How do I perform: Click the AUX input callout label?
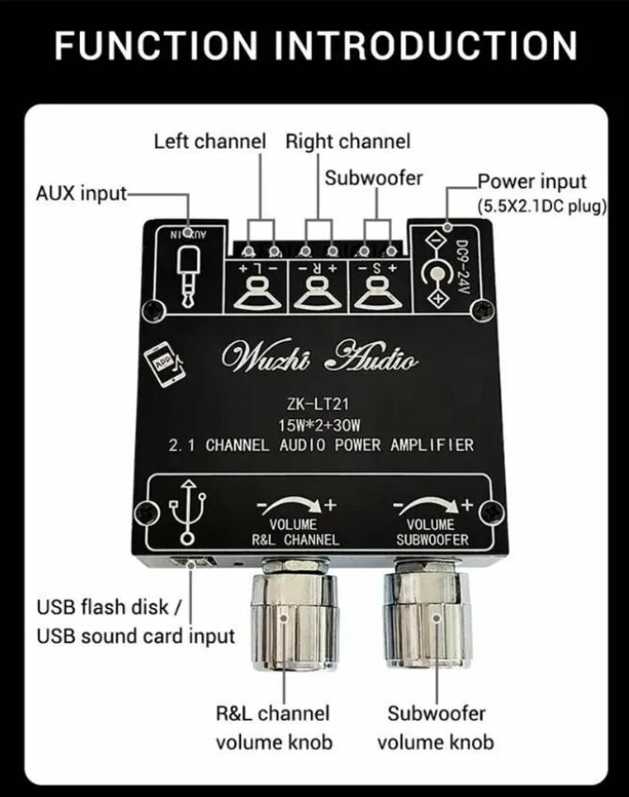(81, 194)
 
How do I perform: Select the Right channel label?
(348, 142)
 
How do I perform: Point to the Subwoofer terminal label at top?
(373, 178)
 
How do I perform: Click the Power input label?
(531, 181)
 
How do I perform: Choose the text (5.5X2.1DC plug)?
(541, 205)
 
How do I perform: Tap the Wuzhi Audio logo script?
(318, 359)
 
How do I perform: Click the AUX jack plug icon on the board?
(189, 273)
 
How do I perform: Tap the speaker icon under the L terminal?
(257, 295)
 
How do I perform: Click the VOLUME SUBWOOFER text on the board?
(432, 532)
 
